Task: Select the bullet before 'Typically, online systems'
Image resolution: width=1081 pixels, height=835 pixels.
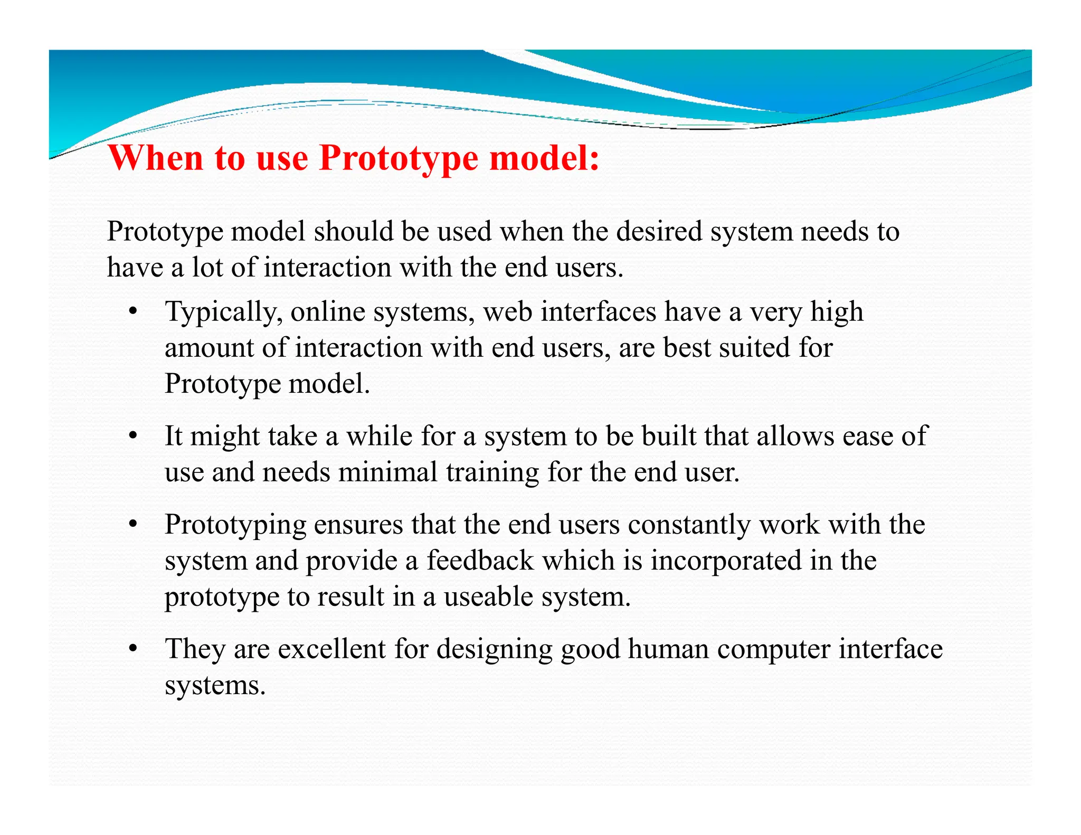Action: pos(134,311)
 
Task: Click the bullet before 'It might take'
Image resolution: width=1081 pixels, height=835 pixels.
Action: pos(134,436)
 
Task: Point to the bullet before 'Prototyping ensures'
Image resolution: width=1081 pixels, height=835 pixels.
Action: pos(134,525)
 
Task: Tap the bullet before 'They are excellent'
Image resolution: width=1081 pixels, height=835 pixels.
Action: pos(134,649)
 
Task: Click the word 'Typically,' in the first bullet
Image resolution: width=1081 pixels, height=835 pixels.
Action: pos(221,312)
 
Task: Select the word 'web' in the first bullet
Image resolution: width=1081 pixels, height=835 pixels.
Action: pos(508,311)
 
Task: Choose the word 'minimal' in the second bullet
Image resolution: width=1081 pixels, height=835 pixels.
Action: pos(387,472)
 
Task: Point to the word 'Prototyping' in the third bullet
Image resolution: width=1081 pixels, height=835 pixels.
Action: pos(235,526)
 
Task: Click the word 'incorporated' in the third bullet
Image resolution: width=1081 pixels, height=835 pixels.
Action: pos(726,562)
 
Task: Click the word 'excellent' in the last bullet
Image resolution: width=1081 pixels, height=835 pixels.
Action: pos(332,649)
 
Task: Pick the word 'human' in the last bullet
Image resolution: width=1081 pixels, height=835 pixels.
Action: pos(668,649)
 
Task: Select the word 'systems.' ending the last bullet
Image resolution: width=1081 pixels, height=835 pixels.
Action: pos(215,686)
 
